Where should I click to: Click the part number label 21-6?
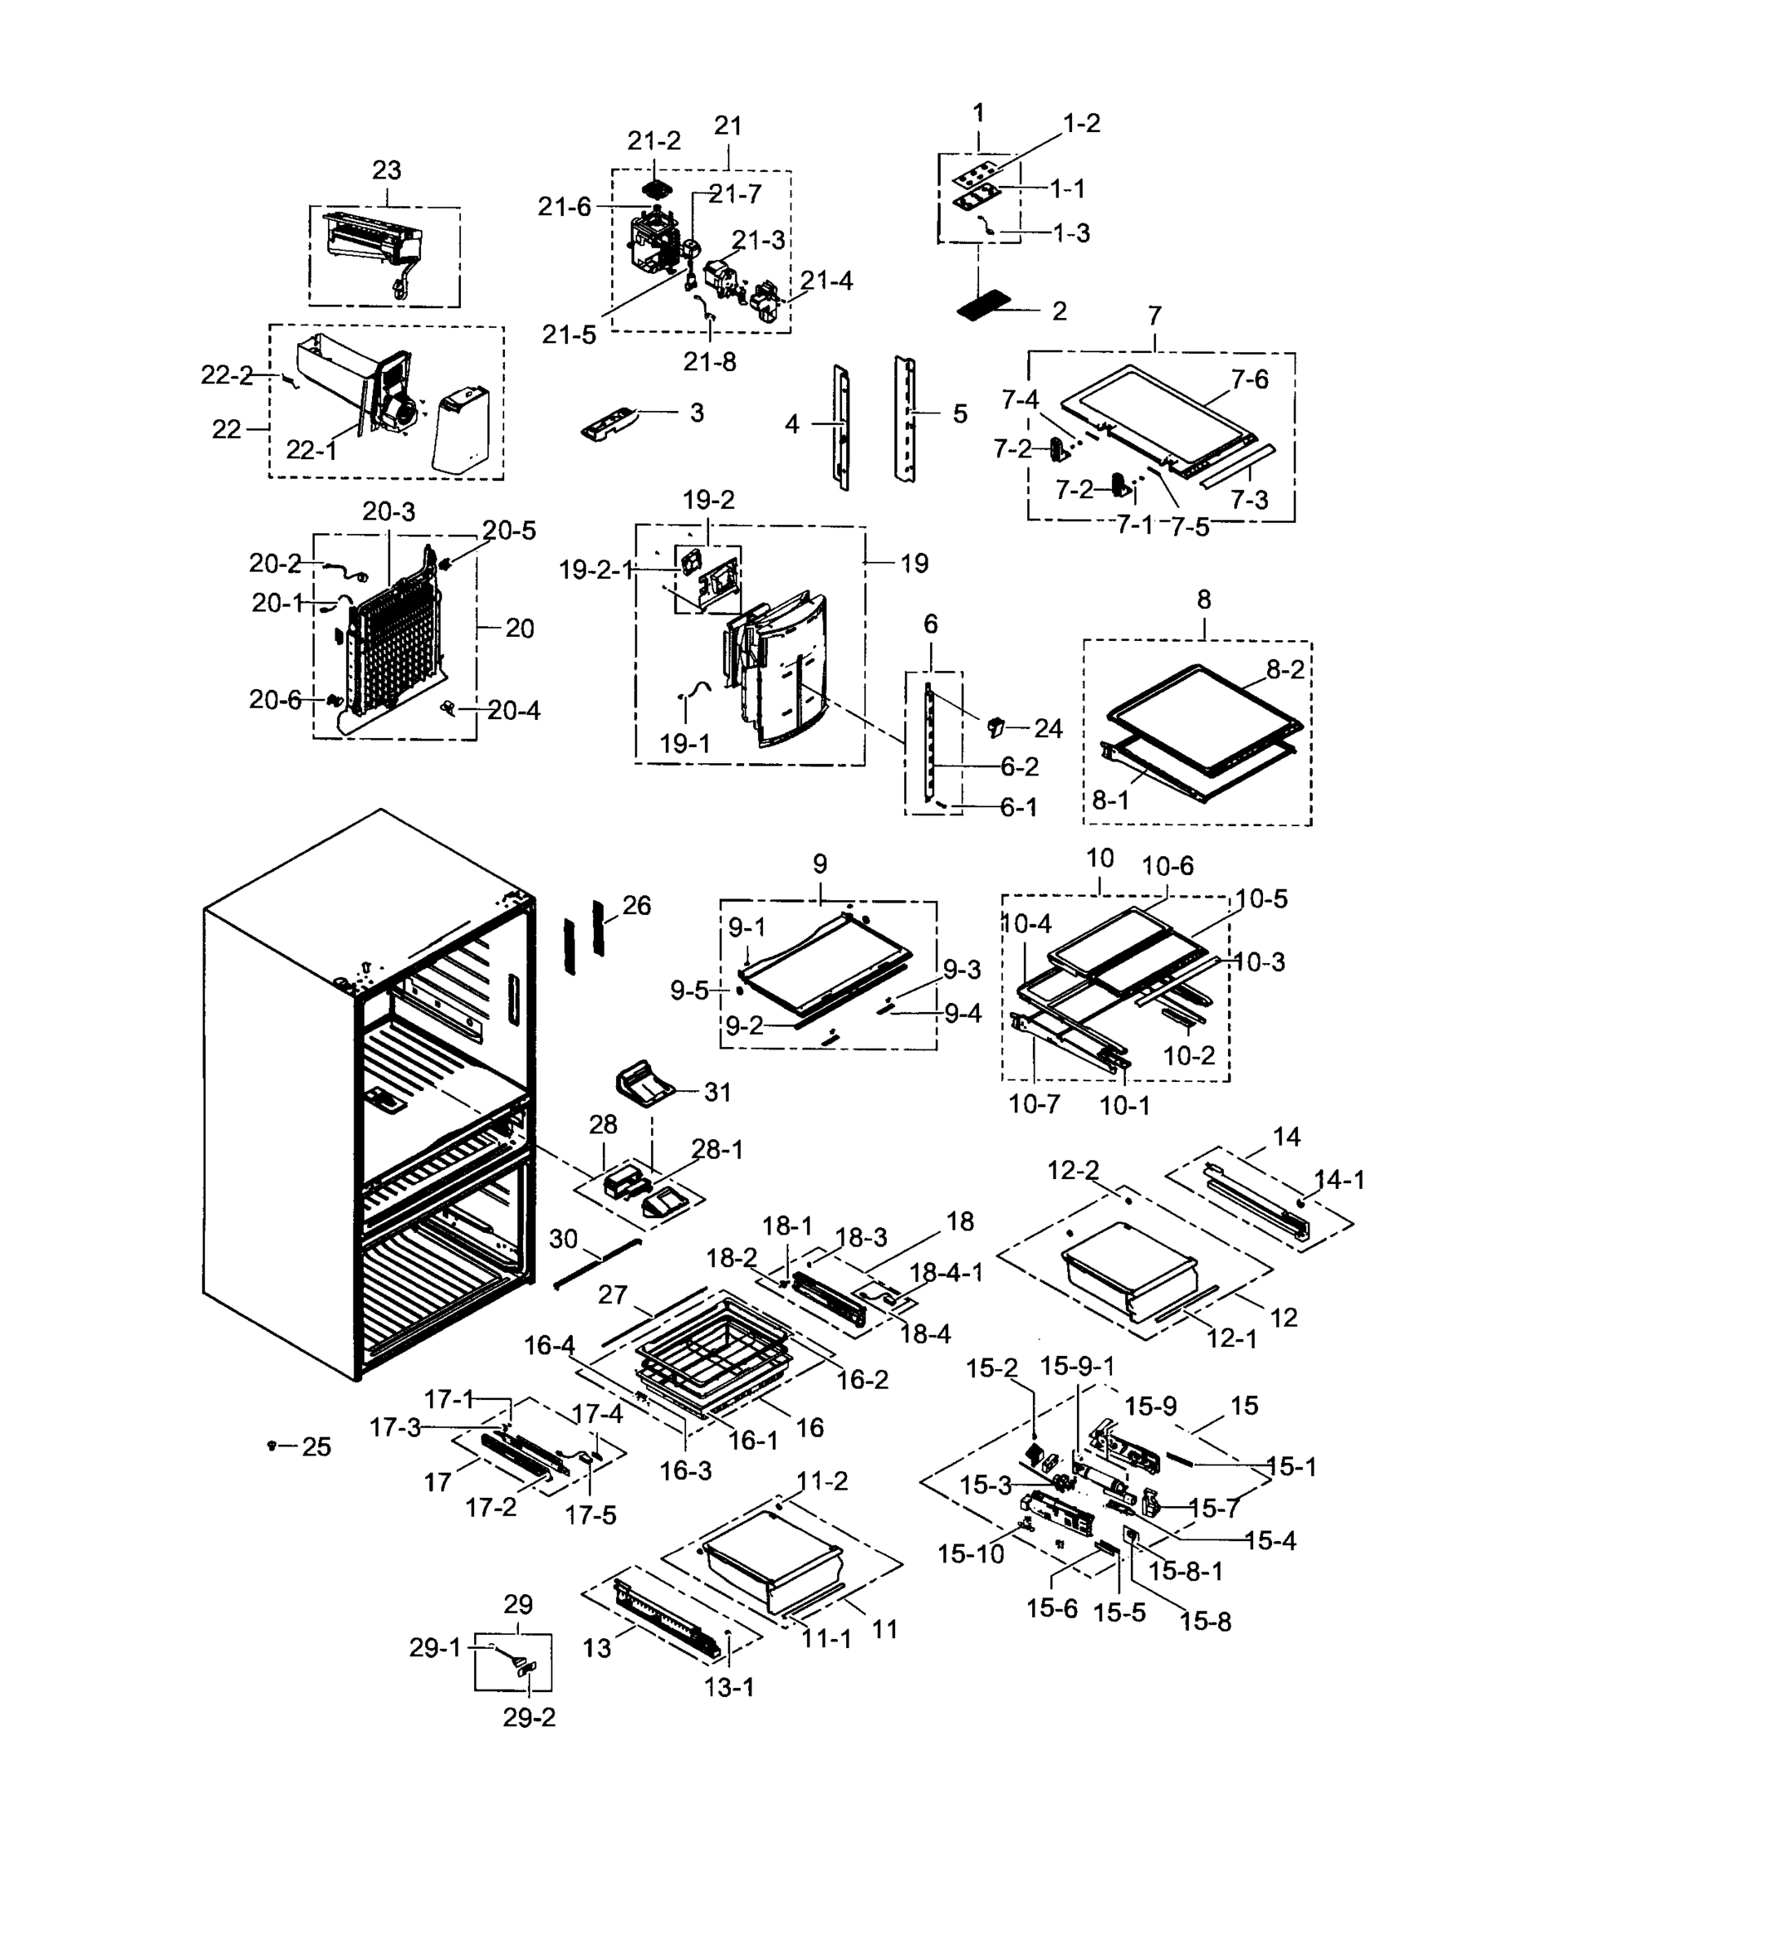(x=564, y=207)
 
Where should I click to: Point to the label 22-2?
(x=226, y=375)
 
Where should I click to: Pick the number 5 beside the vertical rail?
(x=959, y=414)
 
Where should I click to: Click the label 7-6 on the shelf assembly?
(x=1250, y=379)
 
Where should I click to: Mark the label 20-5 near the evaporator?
(x=509, y=531)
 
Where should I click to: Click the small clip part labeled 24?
(x=995, y=725)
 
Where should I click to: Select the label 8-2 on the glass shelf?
(x=1285, y=669)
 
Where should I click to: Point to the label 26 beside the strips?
(x=636, y=906)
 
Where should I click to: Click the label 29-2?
(x=530, y=1717)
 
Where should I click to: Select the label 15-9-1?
(x=1077, y=1366)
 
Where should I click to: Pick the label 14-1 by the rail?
(x=1339, y=1179)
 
